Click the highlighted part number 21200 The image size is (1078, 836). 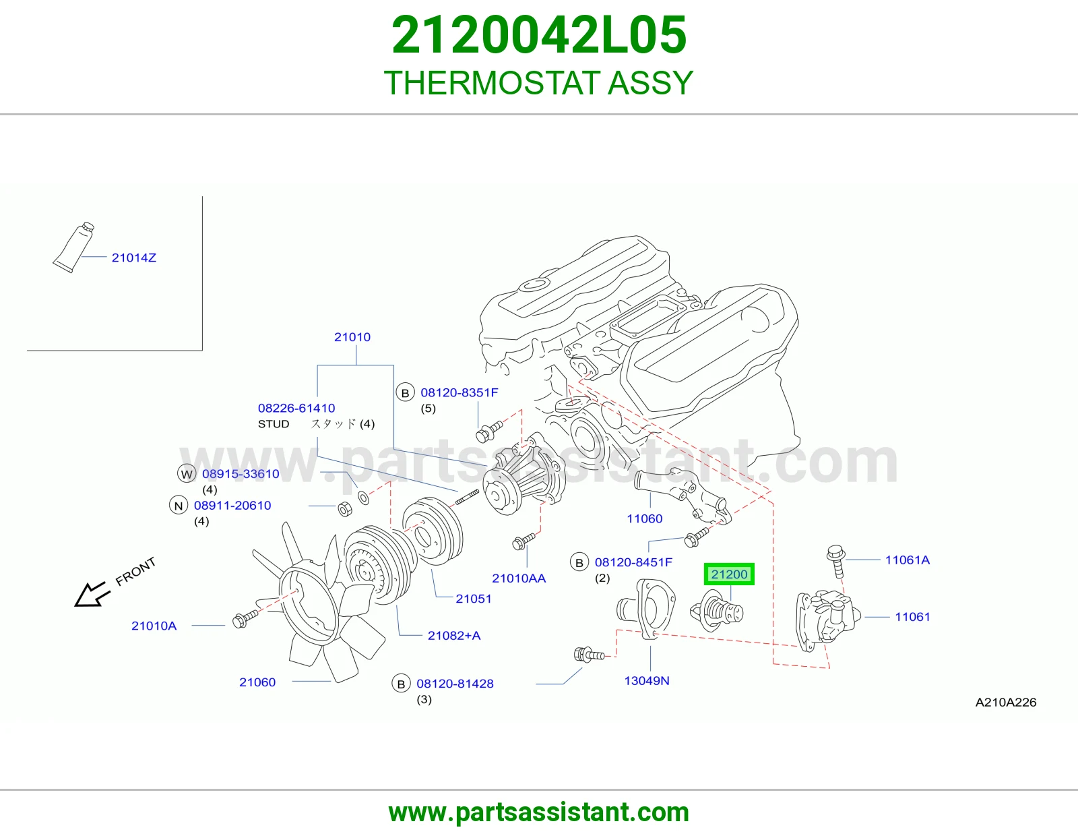tap(729, 574)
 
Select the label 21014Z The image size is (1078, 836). tap(134, 258)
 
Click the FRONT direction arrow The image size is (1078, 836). tap(90, 594)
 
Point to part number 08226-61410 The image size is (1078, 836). tap(296, 408)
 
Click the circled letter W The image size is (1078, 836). tap(187, 473)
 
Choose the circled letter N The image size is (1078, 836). tap(179, 506)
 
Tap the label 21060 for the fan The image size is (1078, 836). tap(257, 682)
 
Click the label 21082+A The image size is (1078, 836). tap(454, 636)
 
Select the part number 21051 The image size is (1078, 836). tap(474, 599)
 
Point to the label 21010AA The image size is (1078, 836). tap(519, 578)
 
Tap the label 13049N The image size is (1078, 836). tap(647, 681)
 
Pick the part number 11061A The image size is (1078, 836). tap(908, 560)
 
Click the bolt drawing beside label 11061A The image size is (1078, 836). tap(836, 561)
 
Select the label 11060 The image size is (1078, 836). tap(644, 518)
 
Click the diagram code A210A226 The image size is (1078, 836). tap(1005, 703)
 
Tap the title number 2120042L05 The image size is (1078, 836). tap(539, 34)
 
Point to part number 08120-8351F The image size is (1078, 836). tap(459, 392)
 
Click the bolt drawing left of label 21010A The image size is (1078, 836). tap(245, 618)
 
